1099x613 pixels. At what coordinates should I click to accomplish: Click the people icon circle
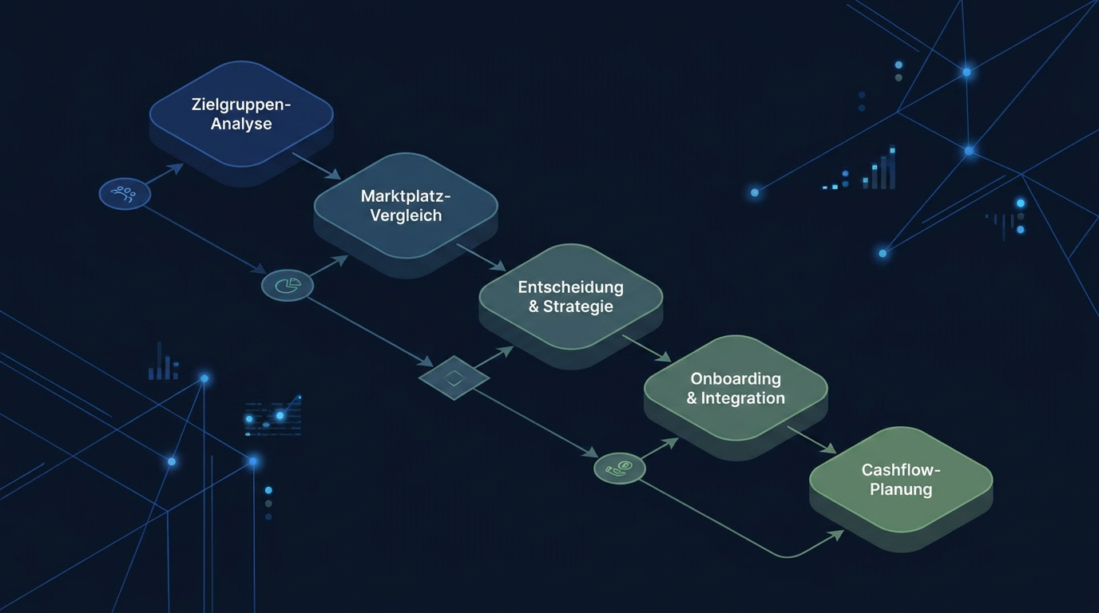point(125,194)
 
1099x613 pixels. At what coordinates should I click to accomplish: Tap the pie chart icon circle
point(288,285)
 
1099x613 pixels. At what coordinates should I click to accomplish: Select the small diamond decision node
point(454,378)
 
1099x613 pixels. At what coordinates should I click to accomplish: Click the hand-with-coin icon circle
point(620,469)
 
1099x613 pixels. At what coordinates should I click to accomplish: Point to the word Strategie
point(578,306)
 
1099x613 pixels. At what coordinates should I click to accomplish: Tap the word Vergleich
point(406,216)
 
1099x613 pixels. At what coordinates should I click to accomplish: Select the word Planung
point(901,489)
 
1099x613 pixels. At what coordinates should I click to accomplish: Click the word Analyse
point(241,123)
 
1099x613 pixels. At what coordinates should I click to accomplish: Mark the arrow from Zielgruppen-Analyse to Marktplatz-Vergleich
point(316,166)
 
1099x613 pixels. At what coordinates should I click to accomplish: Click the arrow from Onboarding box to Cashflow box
point(811,440)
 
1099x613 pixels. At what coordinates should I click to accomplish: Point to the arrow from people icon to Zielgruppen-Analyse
point(164,174)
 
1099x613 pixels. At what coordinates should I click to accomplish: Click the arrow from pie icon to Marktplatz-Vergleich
point(328,265)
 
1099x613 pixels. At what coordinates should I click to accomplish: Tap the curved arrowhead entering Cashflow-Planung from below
point(836,535)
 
